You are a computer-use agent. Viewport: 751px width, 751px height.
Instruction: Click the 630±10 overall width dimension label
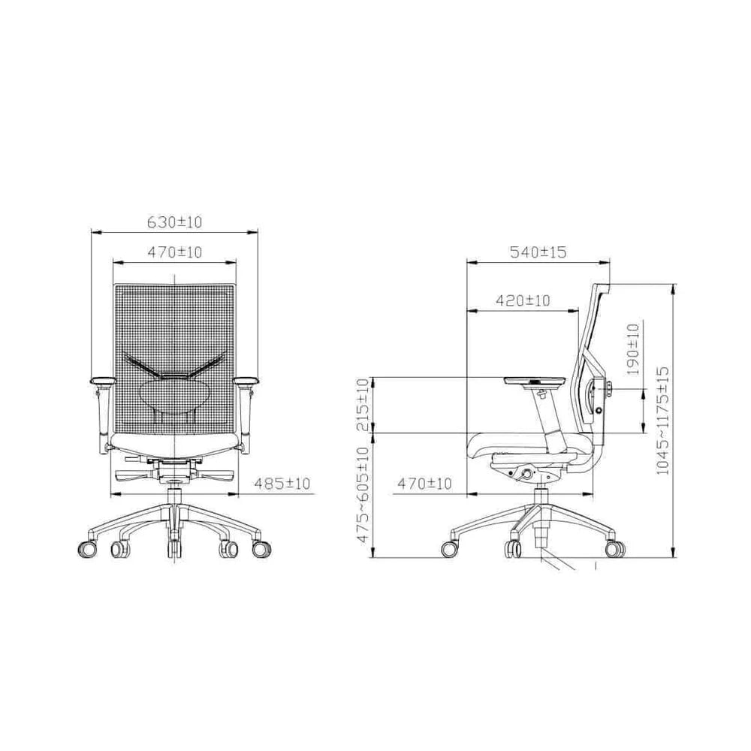coord(174,222)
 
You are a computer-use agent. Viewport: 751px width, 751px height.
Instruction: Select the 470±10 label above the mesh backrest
coord(174,252)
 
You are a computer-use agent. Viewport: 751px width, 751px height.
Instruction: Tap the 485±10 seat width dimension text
coord(282,484)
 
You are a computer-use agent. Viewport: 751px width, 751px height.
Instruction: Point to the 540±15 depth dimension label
coord(538,253)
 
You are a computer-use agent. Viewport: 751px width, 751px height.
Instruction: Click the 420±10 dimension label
coord(523,300)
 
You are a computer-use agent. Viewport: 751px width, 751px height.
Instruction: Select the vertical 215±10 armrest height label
coord(363,404)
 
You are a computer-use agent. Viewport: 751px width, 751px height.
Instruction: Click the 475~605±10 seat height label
coord(363,493)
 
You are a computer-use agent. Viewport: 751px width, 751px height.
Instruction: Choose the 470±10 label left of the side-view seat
coord(425,484)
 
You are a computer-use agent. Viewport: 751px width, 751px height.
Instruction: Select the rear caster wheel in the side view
coord(616,549)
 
